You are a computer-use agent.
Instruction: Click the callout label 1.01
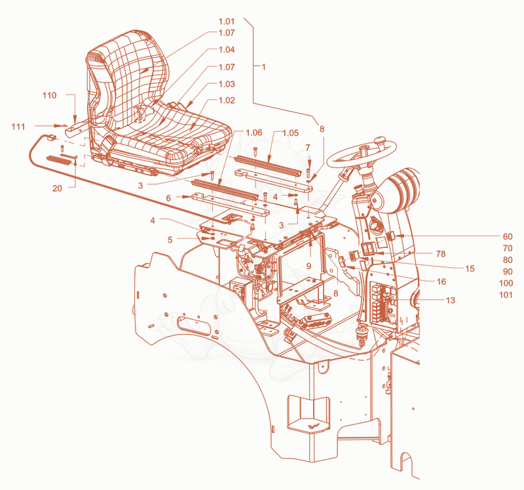click(227, 22)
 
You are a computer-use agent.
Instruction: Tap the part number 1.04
click(227, 50)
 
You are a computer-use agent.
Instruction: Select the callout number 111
click(18, 127)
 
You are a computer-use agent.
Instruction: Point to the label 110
click(50, 95)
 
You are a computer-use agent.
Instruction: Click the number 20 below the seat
click(57, 188)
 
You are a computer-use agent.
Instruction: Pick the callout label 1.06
click(254, 133)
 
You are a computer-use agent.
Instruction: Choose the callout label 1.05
click(290, 133)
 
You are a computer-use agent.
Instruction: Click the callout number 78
click(441, 254)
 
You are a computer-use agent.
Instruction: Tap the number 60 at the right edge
click(508, 237)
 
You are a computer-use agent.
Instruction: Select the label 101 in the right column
click(506, 295)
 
